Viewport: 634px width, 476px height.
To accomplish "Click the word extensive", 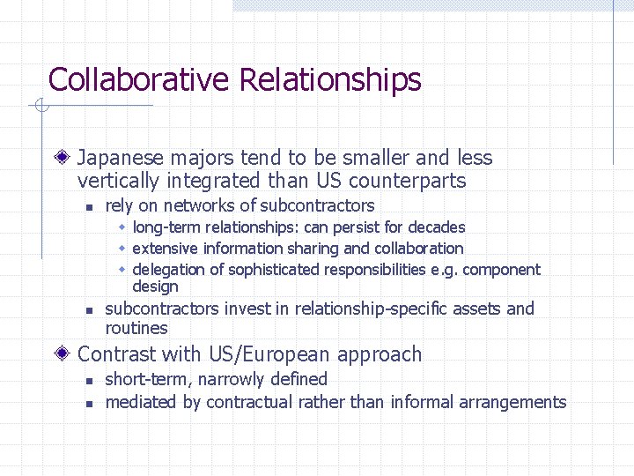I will tap(162, 249).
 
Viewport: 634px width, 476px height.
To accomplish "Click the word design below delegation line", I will tap(155, 286).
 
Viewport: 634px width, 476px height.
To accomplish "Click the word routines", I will tap(136, 329).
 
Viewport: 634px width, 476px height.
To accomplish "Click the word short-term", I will tap(144, 380).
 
